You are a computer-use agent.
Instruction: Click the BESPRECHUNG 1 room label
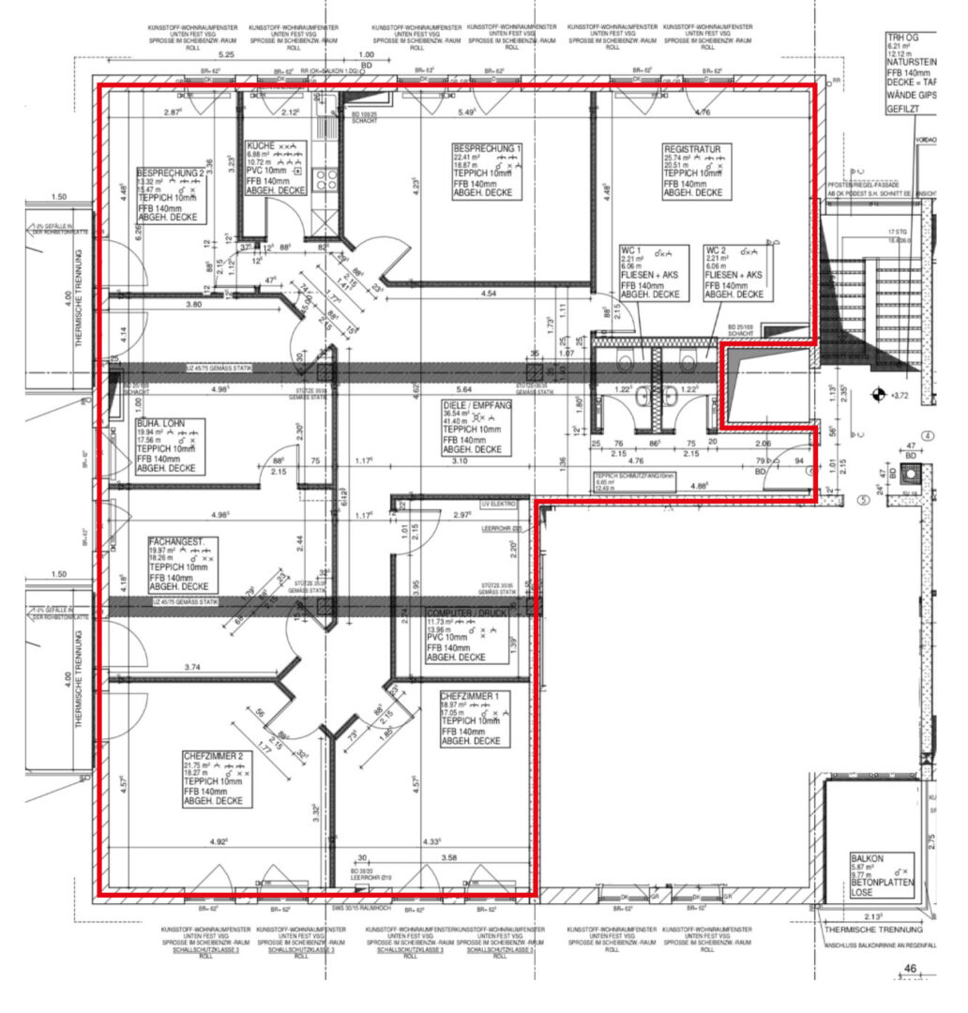click(487, 148)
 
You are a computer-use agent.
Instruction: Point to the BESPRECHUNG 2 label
click(170, 174)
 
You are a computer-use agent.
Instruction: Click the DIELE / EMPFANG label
click(476, 406)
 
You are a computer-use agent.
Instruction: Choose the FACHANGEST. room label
click(183, 541)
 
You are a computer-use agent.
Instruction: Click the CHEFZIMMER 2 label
click(213, 754)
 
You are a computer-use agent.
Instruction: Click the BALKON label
click(868, 857)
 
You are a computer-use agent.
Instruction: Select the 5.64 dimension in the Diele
click(463, 389)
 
